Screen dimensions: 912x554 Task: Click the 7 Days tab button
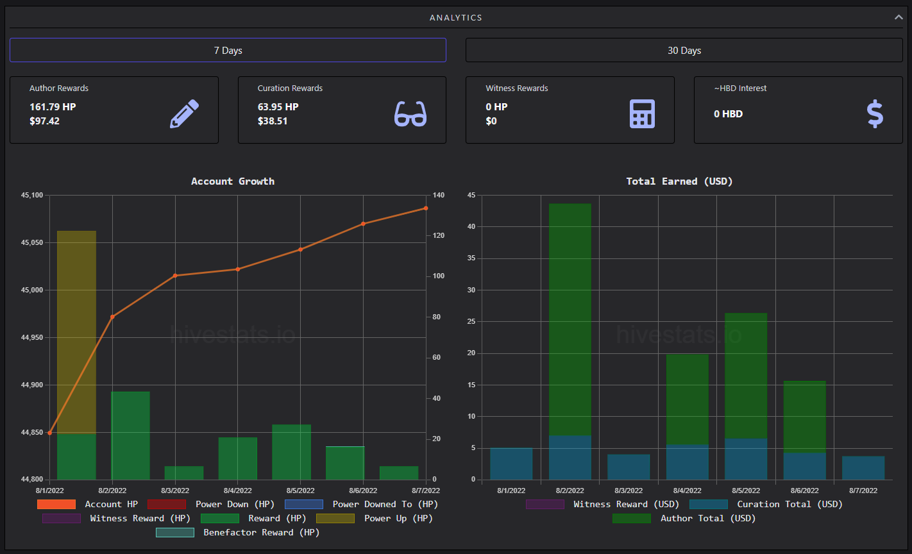pyautogui.click(x=228, y=50)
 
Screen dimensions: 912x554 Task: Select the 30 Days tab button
pyautogui.click(x=684, y=50)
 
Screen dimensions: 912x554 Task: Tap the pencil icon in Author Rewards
pyautogui.click(x=185, y=113)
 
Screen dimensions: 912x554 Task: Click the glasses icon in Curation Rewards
pyautogui.click(x=410, y=113)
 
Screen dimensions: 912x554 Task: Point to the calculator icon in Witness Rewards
pyautogui.click(x=642, y=113)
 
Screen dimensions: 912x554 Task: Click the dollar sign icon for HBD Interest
pyautogui.click(x=875, y=113)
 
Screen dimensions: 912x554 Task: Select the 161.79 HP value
pyautogui.click(x=53, y=106)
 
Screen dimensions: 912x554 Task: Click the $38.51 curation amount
pyautogui.click(x=273, y=121)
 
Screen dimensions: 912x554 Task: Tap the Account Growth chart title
pyautogui.click(x=233, y=181)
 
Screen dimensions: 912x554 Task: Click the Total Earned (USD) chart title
pyautogui.click(x=679, y=181)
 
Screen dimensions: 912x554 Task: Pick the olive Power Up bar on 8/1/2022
pyautogui.click(x=76, y=332)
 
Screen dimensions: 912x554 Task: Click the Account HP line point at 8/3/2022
pyautogui.click(x=175, y=276)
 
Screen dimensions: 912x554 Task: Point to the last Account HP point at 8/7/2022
pyautogui.click(x=426, y=208)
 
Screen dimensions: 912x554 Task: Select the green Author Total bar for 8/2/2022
pyautogui.click(x=570, y=319)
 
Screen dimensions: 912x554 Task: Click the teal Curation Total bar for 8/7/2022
pyautogui.click(x=863, y=467)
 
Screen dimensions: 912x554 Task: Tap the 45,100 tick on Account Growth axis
pyautogui.click(x=32, y=195)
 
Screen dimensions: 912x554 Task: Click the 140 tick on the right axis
pyautogui.click(x=439, y=195)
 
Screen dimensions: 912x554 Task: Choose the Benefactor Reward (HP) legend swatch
pyautogui.click(x=175, y=532)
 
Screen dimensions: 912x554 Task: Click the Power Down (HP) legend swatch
pyautogui.click(x=167, y=505)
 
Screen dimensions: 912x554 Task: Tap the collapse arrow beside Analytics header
pyautogui.click(x=898, y=17)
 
